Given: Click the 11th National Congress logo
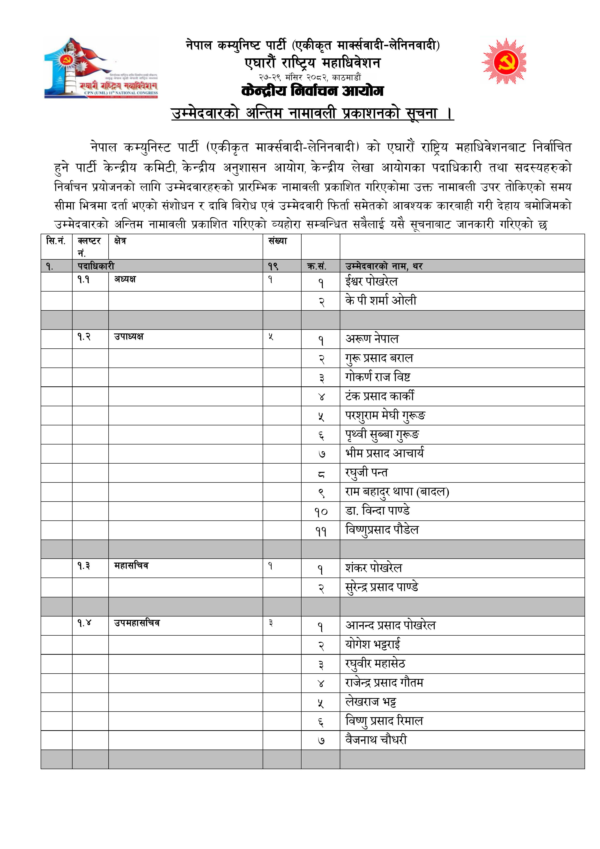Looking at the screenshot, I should click(x=101, y=68).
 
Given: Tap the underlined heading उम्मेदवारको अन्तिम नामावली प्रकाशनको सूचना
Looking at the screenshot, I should click(x=312, y=113).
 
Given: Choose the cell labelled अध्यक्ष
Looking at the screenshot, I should click(x=125, y=279).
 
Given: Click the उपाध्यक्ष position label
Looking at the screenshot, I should click(x=129, y=337).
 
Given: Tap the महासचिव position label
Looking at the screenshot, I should click(x=131, y=566).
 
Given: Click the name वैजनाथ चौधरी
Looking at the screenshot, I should click(x=376, y=740).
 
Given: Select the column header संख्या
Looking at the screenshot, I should click(x=278, y=241).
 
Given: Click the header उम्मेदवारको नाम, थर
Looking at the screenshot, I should click(x=384, y=266).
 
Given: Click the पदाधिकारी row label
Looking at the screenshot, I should click(x=96, y=266).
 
